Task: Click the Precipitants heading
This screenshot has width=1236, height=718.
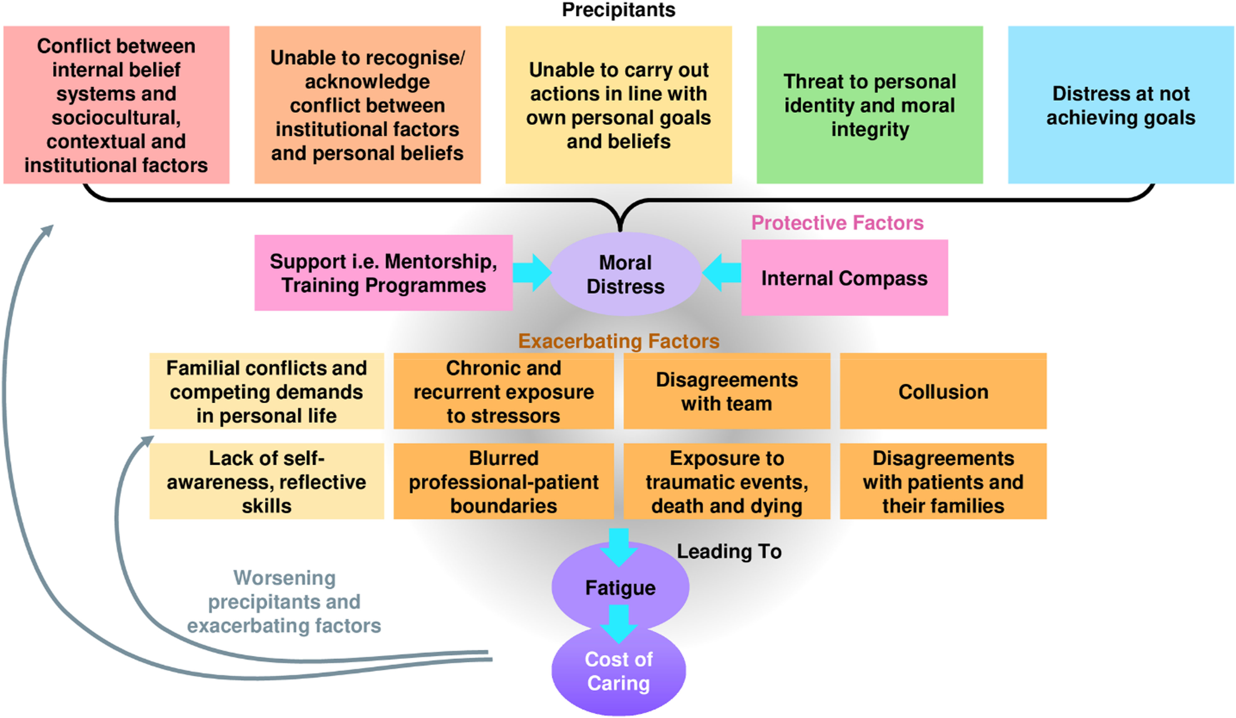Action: [x=619, y=10]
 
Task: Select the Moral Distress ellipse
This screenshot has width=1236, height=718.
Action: [x=625, y=274]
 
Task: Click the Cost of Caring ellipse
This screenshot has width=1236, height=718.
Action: [x=619, y=671]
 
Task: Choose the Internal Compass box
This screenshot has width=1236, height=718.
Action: [x=844, y=278]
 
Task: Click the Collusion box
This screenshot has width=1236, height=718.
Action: [x=943, y=391]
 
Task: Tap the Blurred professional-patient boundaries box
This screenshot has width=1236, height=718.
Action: [x=503, y=481]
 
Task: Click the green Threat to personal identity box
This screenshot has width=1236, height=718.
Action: [x=870, y=105]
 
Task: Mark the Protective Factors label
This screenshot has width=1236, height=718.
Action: [x=837, y=223]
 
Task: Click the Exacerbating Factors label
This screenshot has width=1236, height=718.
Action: [x=619, y=341]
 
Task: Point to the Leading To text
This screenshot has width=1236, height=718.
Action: [x=729, y=551]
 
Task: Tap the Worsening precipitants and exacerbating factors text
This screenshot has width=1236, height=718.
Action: [x=284, y=602]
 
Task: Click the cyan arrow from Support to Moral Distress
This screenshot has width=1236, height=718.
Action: [x=532, y=273]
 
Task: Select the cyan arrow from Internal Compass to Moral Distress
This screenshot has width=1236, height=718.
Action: [x=721, y=273]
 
